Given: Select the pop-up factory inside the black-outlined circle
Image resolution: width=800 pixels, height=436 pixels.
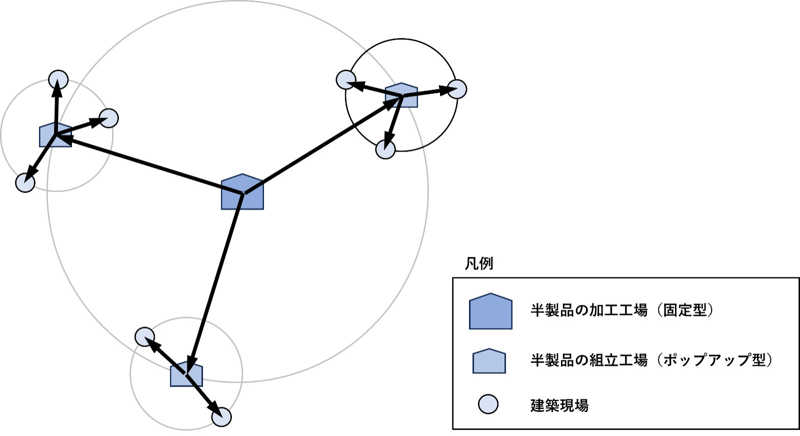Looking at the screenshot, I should [x=401, y=95].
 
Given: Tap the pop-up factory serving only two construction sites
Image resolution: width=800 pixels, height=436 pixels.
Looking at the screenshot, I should [x=186, y=374].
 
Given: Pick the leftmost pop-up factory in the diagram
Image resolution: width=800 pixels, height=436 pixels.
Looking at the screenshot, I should [x=55, y=135].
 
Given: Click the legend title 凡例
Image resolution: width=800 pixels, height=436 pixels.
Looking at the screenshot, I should [x=479, y=264].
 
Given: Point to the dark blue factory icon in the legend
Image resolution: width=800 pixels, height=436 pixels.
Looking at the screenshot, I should [x=490, y=311].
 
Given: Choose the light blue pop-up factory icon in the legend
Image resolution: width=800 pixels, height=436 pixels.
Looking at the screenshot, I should [x=489, y=361].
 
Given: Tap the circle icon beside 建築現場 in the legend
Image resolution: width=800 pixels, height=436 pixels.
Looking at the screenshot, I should [x=488, y=404].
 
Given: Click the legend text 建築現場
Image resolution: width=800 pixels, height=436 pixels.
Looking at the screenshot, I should [x=559, y=405].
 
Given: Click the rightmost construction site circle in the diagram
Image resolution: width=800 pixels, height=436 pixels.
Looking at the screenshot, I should [x=457, y=89].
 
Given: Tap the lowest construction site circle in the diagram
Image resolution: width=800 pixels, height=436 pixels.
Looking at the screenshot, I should [x=222, y=417].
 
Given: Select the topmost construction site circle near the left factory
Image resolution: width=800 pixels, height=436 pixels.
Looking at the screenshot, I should [x=58, y=79].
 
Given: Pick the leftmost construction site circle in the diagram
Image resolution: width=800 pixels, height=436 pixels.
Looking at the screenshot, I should [x=25, y=183].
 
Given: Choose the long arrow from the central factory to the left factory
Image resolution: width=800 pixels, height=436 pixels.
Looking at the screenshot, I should [x=150, y=164].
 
